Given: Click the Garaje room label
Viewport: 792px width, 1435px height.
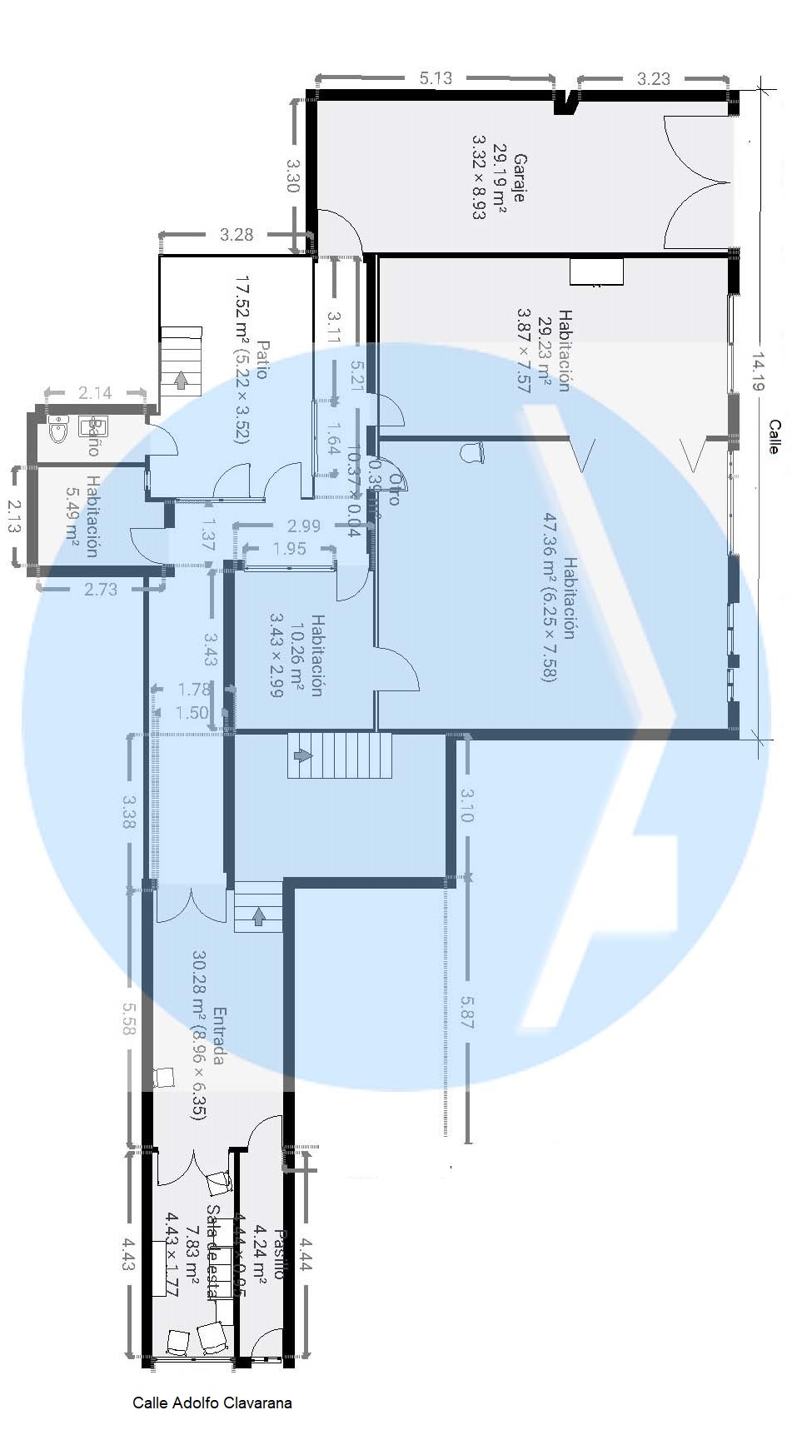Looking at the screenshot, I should pyautogui.click(x=518, y=178).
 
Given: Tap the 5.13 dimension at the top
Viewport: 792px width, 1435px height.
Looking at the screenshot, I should pyautogui.click(x=436, y=78).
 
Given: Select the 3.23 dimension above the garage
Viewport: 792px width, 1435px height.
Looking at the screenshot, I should pyautogui.click(x=654, y=79).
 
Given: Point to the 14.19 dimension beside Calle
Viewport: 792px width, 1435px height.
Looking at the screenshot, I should pyautogui.click(x=759, y=371).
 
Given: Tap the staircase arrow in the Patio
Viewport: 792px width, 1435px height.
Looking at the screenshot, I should pyautogui.click(x=181, y=381).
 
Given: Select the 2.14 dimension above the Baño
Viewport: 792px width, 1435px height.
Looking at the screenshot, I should pyautogui.click(x=95, y=392).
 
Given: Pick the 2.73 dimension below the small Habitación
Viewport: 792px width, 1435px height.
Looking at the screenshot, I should pyautogui.click(x=101, y=589).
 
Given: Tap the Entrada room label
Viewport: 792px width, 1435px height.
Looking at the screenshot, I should pyautogui.click(x=219, y=1036).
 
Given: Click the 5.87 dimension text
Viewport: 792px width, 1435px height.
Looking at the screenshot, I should pyautogui.click(x=466, y=1012).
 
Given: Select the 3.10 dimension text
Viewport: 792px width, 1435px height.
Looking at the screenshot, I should pyautogui.click(x=466, y=805).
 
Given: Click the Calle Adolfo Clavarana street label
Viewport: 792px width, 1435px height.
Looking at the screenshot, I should pyautogui.click(x=212, y=1403).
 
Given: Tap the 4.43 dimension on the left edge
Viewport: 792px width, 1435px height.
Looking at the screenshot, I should pyautogui.click(x=128, y=1253).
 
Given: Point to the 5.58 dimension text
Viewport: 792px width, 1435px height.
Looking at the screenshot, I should pyautogui.click(x=128, y=1018).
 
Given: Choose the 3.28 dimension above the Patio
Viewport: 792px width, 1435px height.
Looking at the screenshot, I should pyautogui.click(x=237, y=235).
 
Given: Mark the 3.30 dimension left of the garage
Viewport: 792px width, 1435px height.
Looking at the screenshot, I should pyautogui.click(x=292, y=176).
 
